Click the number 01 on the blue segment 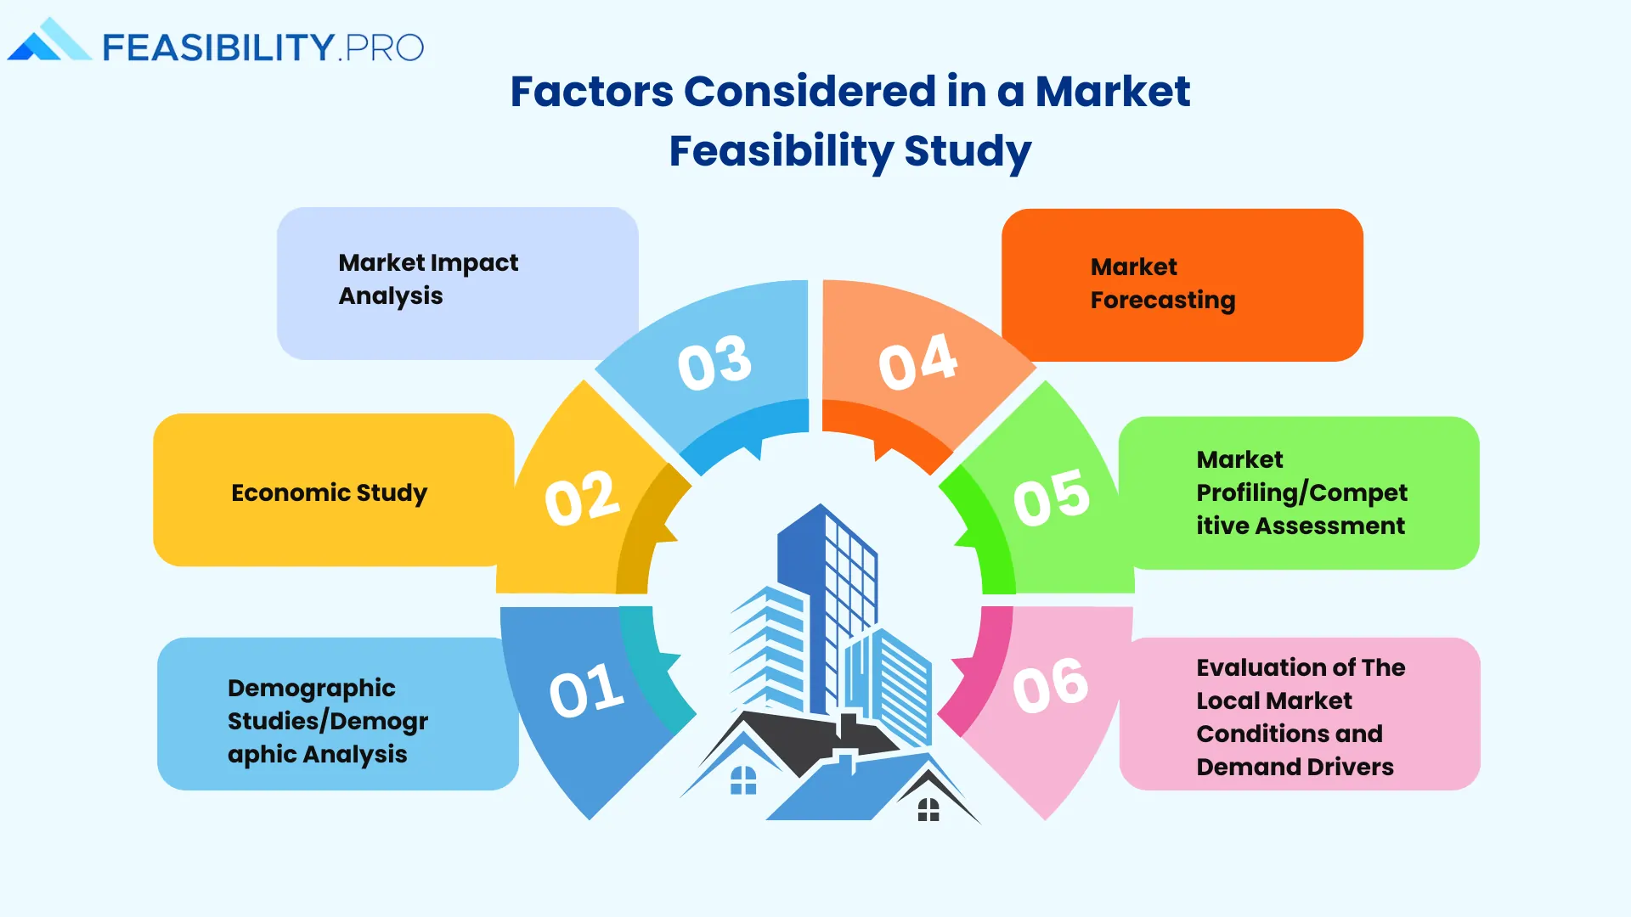click(587, 689)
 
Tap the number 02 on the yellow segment click(582, 498)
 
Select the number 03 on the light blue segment click(714, 363)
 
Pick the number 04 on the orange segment click(917, 363)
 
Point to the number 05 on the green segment click(1052, 498)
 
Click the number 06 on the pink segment click(1051, 685)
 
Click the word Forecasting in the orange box click(1163, 301)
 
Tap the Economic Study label click(329, 492)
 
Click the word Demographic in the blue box click(311, 688)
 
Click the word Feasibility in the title click(781, 151)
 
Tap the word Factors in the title click(591, 92)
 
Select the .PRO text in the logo click(381, 48)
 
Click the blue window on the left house click(743, 780)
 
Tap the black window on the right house click(928, 810)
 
